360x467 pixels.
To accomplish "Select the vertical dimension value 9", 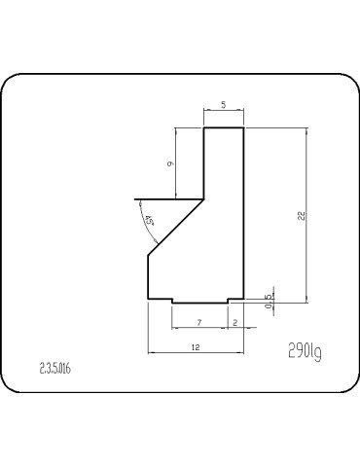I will pos(170,164).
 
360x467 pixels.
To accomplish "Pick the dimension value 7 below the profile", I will pos(198,320).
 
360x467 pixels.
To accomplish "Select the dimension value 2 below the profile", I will pos(235,320).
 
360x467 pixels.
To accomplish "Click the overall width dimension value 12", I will pos(195,345).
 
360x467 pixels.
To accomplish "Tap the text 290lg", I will pos(305,350).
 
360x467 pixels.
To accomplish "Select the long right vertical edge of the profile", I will pos(243,214).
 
